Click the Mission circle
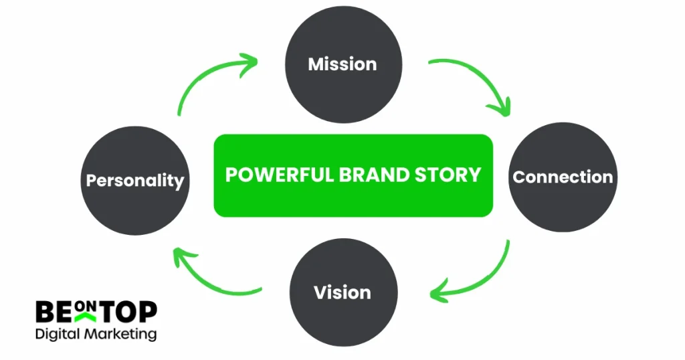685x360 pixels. pyautogui.click(x=342, y=64)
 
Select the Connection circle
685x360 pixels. pyautogui.click(x=563, y=177)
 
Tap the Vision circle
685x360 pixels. pyautogui.click(x=342, y=292)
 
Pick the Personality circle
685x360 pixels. pyautogui.click(x=135, y=181)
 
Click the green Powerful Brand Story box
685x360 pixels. pyautogui.click(x=353, y=175)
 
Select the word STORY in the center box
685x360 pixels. pyautogui.click(x=450, y=175)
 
